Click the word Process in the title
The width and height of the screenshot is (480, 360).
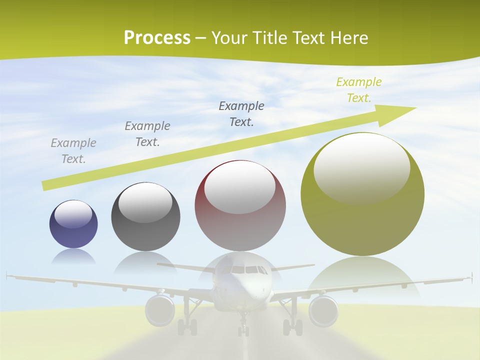(157, 38)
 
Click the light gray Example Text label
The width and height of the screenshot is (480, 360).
(73, 151)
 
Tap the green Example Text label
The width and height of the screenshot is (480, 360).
(359, 90)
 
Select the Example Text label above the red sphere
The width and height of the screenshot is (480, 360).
(241, 113)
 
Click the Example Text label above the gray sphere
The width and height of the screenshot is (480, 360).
(147, 134)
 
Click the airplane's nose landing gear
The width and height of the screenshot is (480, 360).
(243, 327)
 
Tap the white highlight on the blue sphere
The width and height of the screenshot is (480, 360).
(73, 214)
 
